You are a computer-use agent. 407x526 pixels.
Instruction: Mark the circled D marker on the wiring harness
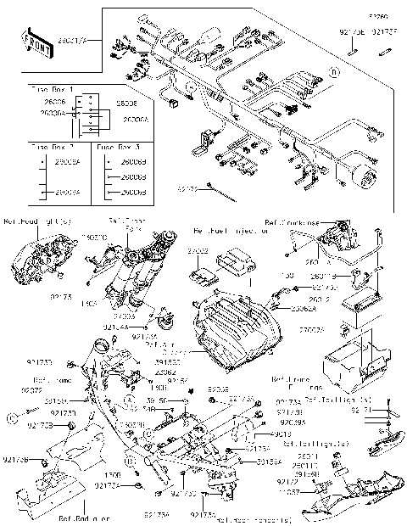pos(335,73)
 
